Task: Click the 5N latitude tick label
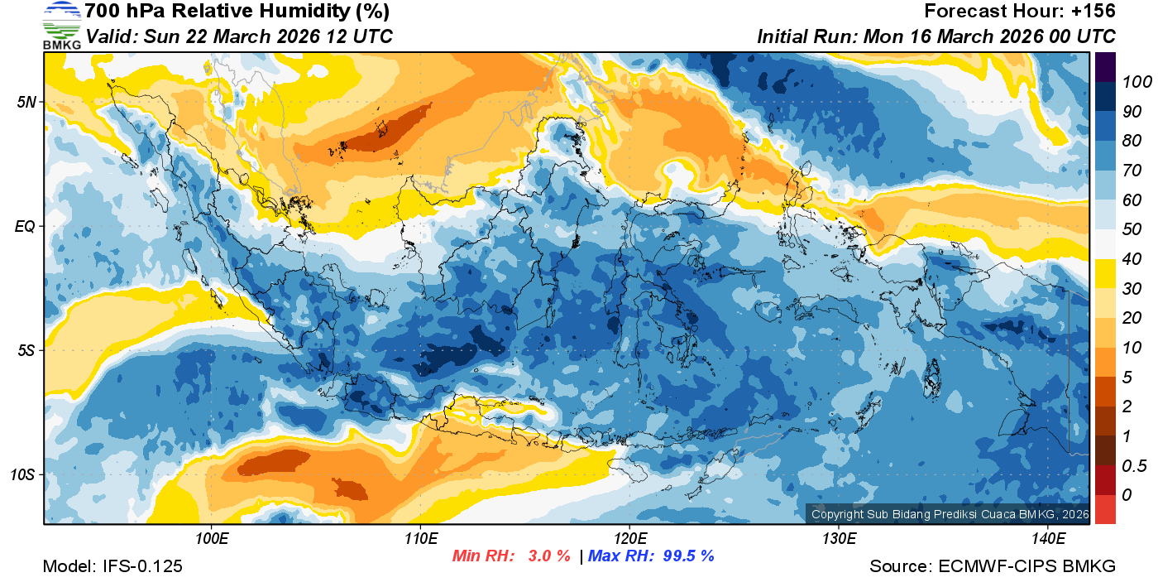click(x=26, y=102)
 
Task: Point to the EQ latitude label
click(x=25, y=226)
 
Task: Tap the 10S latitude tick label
click(x=22, y=475)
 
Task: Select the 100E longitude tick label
click(x=212, y=539)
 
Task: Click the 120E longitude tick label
click(x=629, y=539)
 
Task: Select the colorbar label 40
click(x=1132, y=259)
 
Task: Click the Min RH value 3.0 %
click(x=549, y=556)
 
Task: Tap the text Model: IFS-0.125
click(x=112, y=566)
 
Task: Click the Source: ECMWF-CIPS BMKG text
click(x=993, y=566)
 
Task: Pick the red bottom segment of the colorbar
click(x=1106, y=508)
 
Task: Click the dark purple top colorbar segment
click(x=1106, y=67)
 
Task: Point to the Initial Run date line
click(x=936, y=36)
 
